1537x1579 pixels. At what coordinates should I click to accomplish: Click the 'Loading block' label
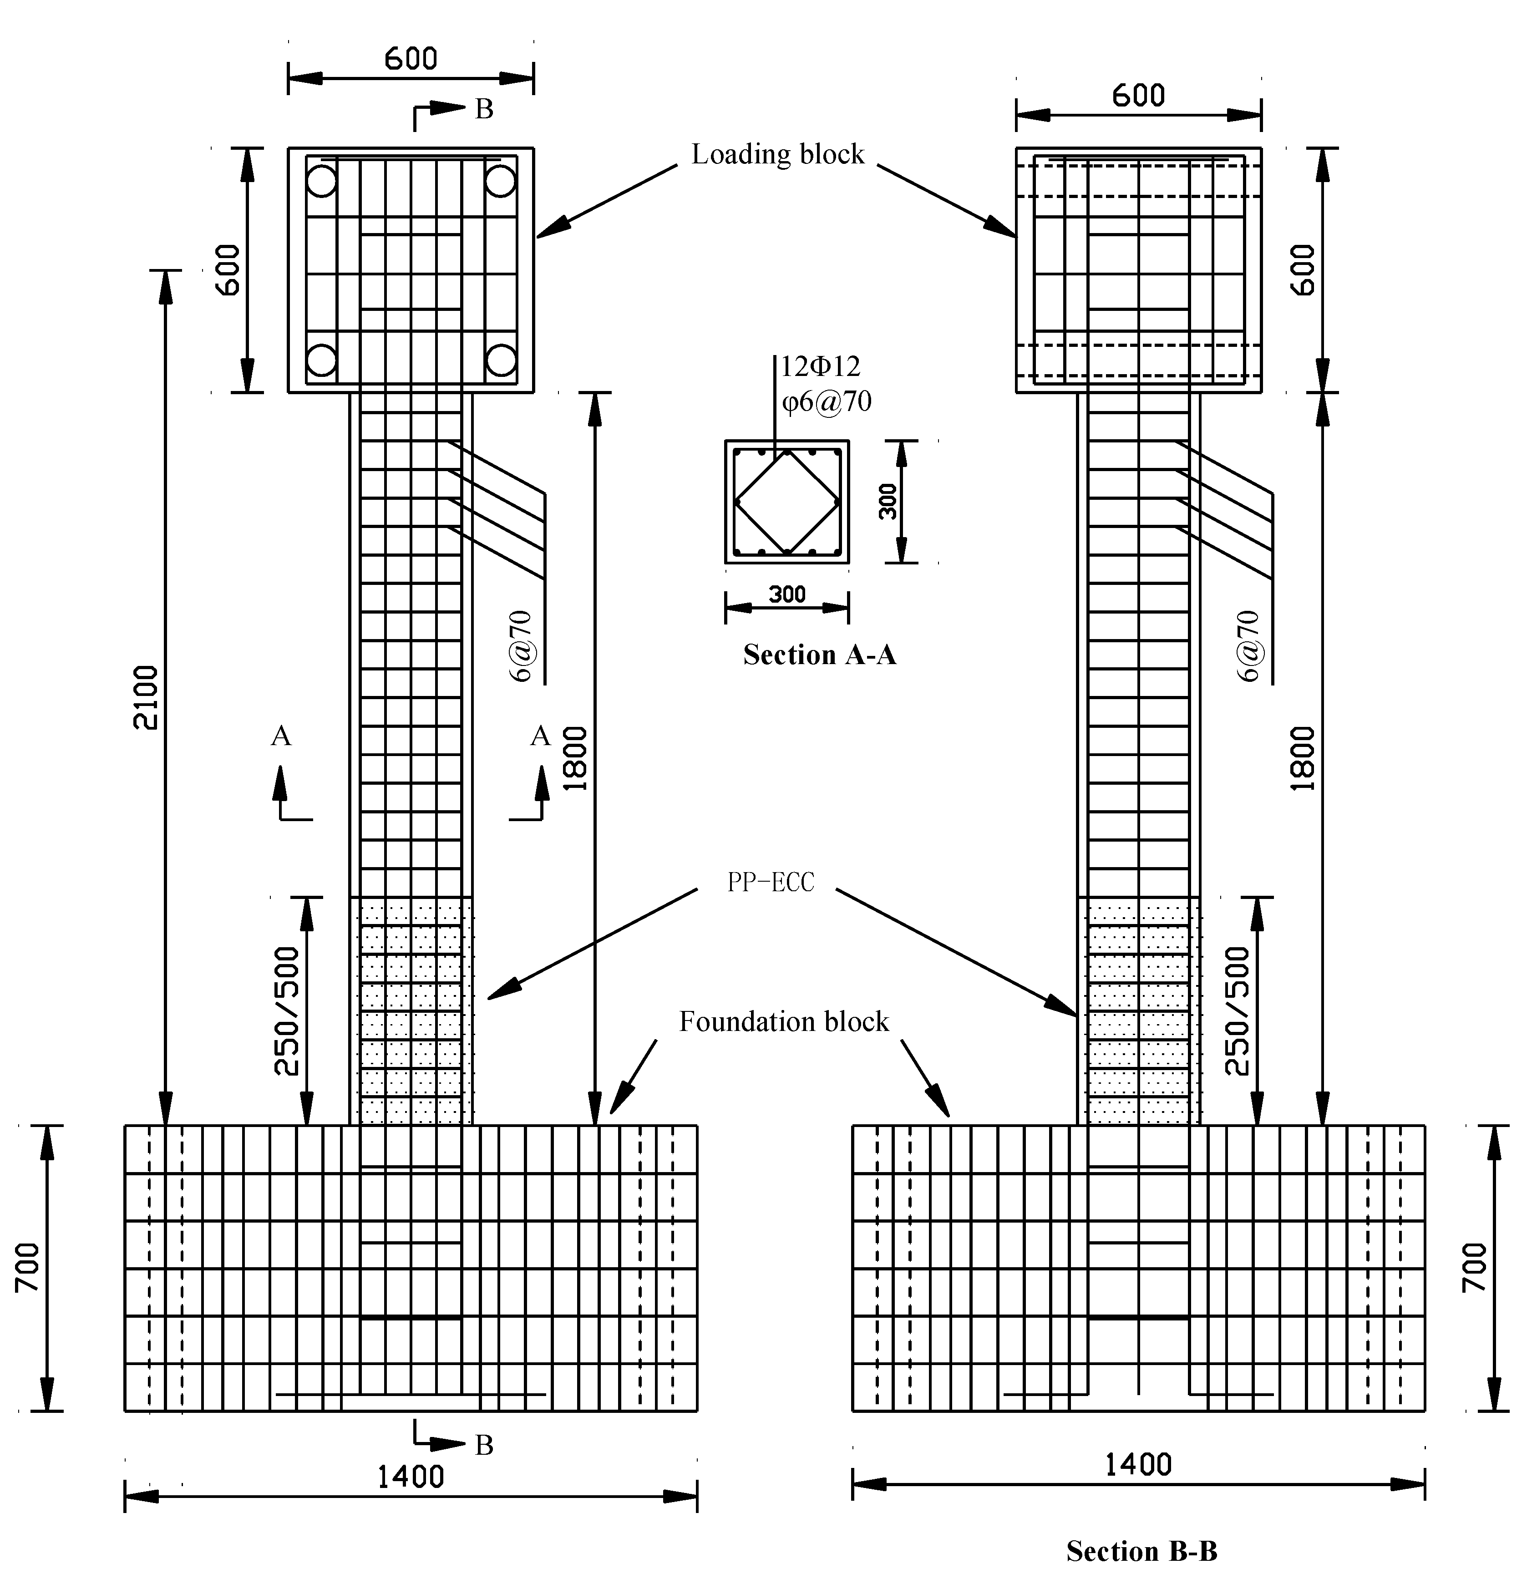(777, 154)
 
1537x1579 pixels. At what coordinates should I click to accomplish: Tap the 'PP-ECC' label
(771, 882)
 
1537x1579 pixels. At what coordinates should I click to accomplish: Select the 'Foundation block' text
(783, 1022)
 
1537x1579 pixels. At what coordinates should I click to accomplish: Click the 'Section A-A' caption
(819, 655)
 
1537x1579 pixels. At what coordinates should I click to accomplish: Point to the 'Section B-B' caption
(1141, 1551)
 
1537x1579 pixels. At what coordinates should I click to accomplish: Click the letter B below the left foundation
(483, 1445)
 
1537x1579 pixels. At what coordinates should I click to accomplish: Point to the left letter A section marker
(281, 736)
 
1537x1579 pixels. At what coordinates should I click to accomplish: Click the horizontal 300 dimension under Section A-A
(787, 595)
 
